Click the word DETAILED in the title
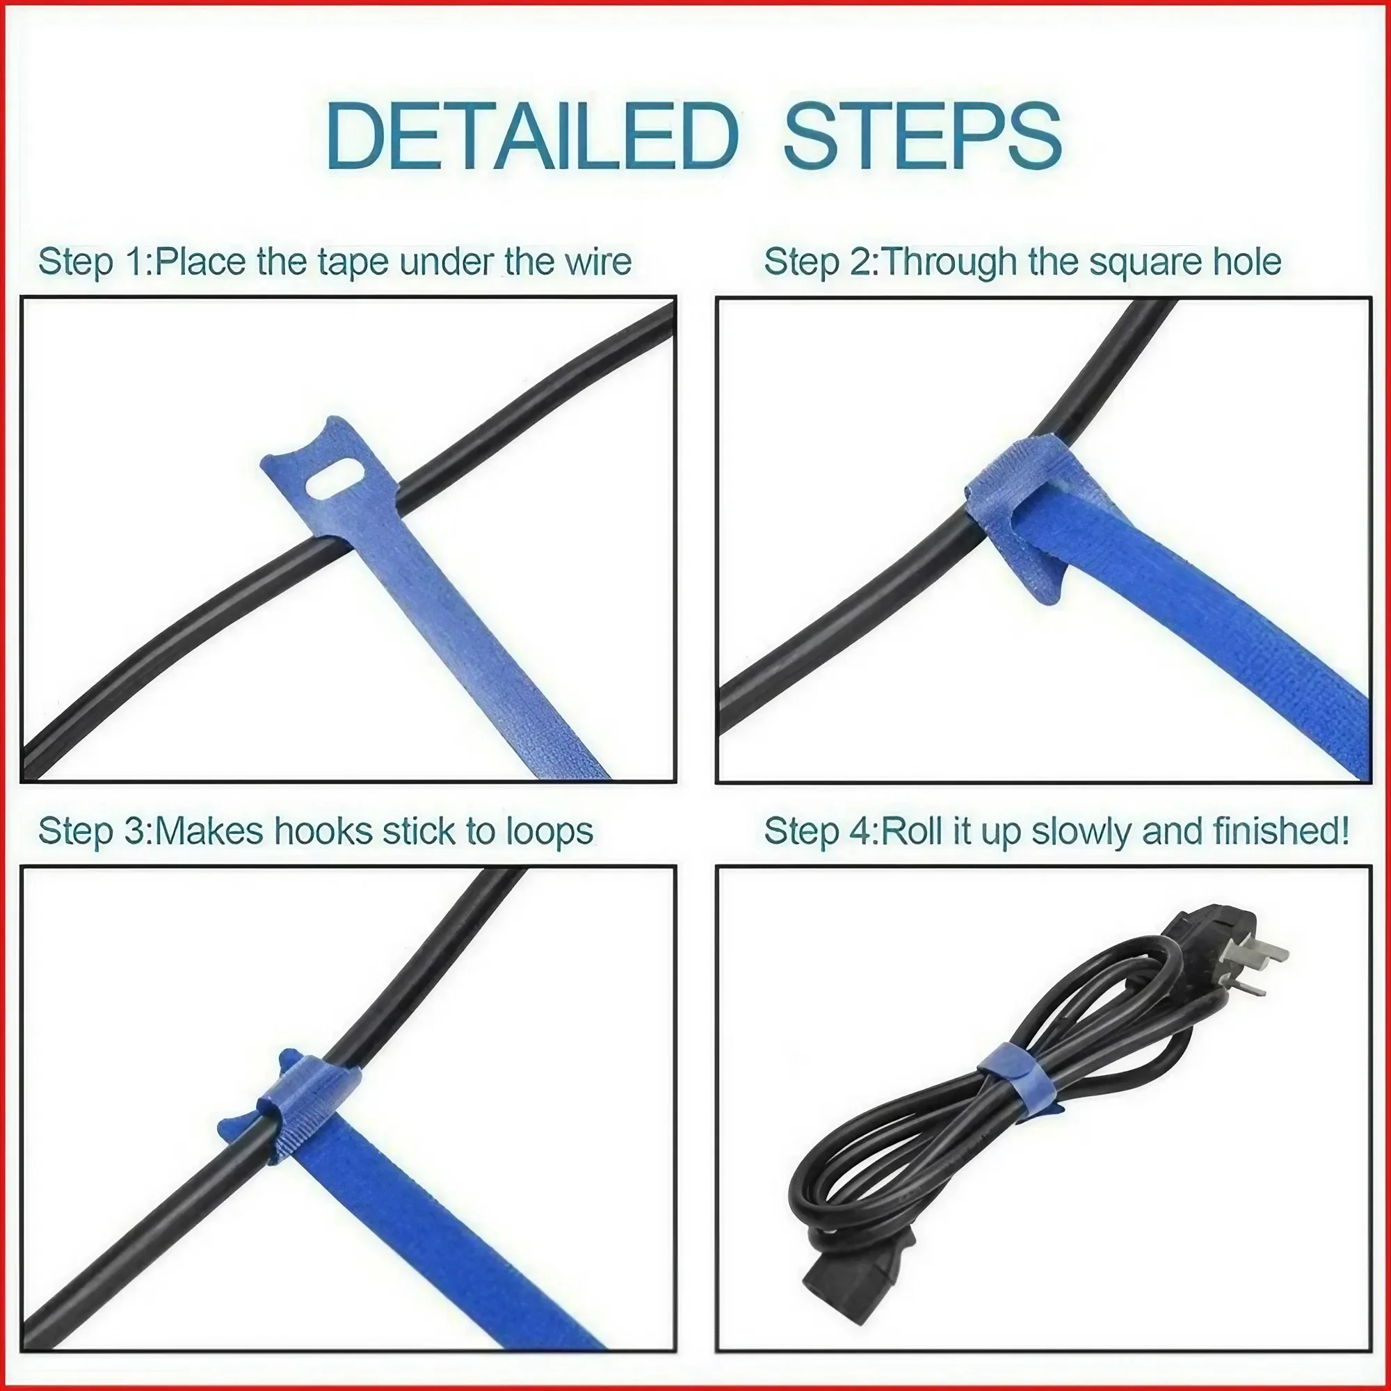pos(531,137)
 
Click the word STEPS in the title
pos(922,137)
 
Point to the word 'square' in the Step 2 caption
pos(1139,263)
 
